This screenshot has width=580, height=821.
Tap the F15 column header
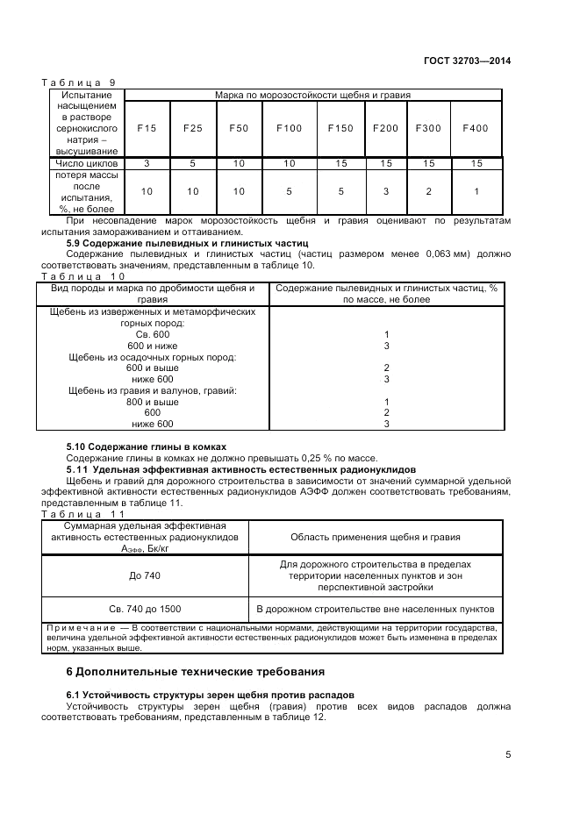coord(147,128)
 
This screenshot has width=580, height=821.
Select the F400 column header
coord(475,128)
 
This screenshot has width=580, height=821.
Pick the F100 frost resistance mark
coord(289,128)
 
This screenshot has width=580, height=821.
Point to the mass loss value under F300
coord(428,191)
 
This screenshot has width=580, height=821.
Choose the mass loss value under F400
coord(475,191)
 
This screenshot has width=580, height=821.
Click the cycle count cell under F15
coord(147,163)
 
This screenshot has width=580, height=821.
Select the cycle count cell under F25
coord(192,163)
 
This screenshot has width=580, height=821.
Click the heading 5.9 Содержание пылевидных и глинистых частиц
coord(187,242)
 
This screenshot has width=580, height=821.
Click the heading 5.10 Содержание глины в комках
coord(147,446)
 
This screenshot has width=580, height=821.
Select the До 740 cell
coord(145,575)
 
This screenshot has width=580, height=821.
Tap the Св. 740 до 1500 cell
coord(145,609)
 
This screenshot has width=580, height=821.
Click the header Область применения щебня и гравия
coord(376,538)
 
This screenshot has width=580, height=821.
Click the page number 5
coord(508,753)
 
